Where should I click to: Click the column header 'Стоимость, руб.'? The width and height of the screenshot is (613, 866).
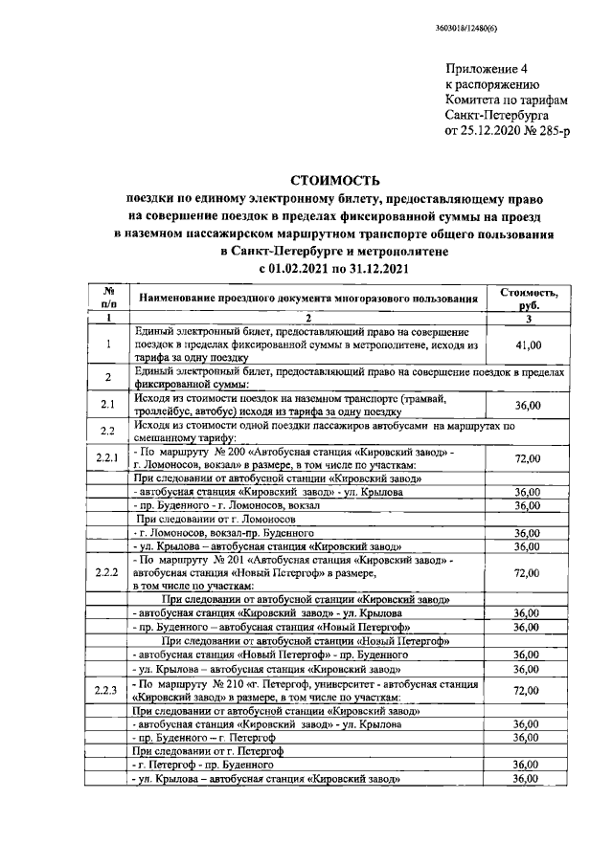[x=521, y=299]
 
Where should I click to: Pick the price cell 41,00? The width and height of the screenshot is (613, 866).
[x=521, y=344]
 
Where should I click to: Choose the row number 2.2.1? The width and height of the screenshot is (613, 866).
[x=108, y=457]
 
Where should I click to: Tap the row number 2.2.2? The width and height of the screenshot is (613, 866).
[x=108, y=572]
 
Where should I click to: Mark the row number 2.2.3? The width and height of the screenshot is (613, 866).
[x=108, y=690]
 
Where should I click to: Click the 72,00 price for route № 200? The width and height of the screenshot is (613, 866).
[x=521, y=458]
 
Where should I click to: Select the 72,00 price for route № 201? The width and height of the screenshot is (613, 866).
[x=521, y=572]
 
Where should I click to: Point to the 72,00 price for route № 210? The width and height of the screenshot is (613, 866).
[x=521, y=690]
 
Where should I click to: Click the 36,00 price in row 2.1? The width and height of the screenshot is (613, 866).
[x=521, y=405]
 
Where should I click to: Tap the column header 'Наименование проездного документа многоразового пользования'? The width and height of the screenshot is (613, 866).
[x=307, y=299]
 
